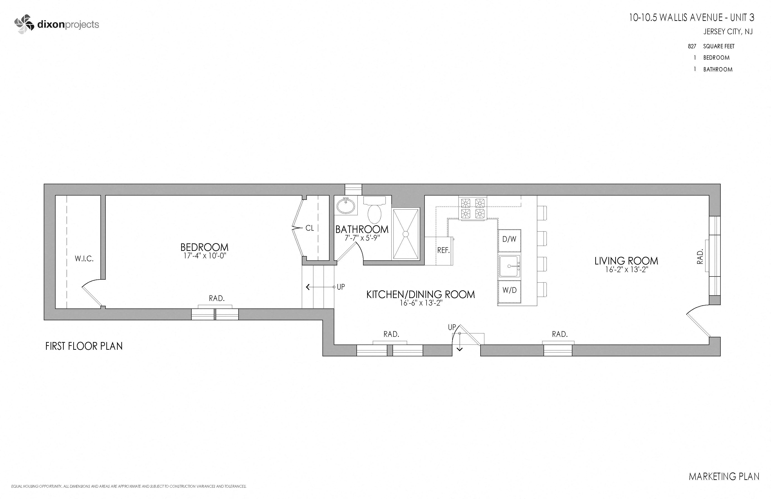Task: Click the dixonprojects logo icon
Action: (x=24, y=24)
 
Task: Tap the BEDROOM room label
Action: (x=204, y=247)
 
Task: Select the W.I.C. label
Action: (x=84, y=259)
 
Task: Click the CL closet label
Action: (x=310, y=228)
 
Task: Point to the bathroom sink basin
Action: (x=346, y=206)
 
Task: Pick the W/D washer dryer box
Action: (x=509, y=290)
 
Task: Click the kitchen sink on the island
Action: (x=509, y=266)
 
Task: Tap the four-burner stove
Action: (x=473, y=208)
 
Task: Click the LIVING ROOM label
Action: (x=626, y=261)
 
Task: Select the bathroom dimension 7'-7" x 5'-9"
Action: (x=362, y=238)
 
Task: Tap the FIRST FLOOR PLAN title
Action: (x=84, y=346)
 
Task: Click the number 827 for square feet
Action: (x=692, y=46)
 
